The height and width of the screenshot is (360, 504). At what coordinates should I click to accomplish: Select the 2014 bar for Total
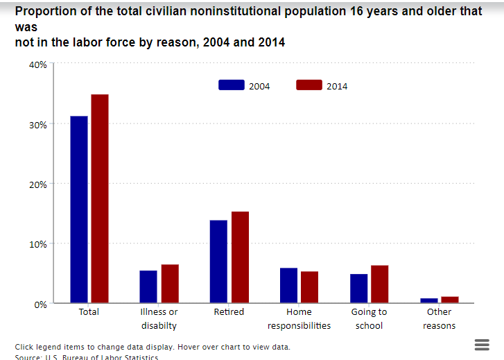click(100, 198)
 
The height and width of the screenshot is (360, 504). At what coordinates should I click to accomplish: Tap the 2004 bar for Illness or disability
click(148, 286)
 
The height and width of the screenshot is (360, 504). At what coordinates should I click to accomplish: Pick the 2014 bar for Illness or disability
click(170, 284)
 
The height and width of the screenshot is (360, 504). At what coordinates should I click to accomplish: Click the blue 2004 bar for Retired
click(218, 262)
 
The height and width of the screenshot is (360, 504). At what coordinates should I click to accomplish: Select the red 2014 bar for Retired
click(240, 257)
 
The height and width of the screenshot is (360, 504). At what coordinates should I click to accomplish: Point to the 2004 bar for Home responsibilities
click(288, 285)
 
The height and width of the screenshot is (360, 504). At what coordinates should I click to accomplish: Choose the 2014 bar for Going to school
click(379, 284)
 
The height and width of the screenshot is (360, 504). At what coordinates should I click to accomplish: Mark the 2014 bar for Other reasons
click(450, 300)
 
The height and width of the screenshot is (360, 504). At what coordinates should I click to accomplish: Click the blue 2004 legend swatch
click(232, 85)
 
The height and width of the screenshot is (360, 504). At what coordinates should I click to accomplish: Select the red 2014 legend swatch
click(309, 85)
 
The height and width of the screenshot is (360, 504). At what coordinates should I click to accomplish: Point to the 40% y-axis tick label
click(37, 65)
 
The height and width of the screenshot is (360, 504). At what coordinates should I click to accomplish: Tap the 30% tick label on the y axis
click(37, 124)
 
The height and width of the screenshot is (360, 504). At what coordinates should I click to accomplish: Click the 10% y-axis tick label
click(37, 244)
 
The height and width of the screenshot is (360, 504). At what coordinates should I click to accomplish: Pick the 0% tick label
click(40, 304)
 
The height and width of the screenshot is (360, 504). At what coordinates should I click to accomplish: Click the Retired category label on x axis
click(229, 312)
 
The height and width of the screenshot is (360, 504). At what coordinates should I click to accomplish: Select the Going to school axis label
click(369, 318)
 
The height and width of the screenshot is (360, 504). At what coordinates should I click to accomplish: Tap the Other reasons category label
click(439, 318)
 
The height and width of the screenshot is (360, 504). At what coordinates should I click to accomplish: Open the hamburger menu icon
click(482, 345)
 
